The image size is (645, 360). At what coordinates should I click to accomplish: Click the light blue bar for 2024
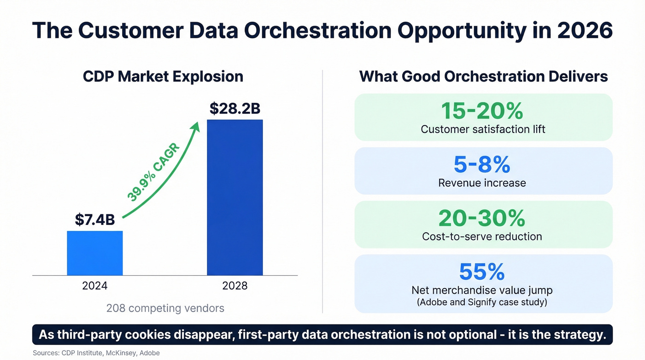(95, 253)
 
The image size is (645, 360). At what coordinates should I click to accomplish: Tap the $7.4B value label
(95, 220)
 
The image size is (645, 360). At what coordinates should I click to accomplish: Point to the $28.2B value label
(235, 108)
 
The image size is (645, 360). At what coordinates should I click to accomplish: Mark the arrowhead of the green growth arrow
(196, 127)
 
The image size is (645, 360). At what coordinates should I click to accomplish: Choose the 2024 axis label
(95, 286)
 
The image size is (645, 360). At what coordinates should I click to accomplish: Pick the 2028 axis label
(235, 286)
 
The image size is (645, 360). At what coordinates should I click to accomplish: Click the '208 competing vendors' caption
(165, 308)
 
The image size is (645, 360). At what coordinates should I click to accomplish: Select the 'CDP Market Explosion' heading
(163, 76)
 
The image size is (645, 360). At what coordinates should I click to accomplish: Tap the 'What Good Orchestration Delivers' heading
(483, 76)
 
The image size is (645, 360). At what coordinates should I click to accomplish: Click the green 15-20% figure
(482, 111)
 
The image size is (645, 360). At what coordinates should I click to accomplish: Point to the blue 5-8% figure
(482, 165)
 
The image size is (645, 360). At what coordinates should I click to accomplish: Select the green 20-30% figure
(482, 218)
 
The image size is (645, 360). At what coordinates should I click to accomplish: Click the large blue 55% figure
(482, 272)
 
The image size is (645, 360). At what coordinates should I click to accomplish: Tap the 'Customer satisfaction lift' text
(483, 129)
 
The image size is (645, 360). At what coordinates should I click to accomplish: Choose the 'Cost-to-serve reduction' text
(482, 236)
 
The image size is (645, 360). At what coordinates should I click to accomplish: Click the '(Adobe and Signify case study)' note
(482, 302)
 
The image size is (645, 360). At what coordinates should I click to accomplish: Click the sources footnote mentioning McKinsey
(96, 353)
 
